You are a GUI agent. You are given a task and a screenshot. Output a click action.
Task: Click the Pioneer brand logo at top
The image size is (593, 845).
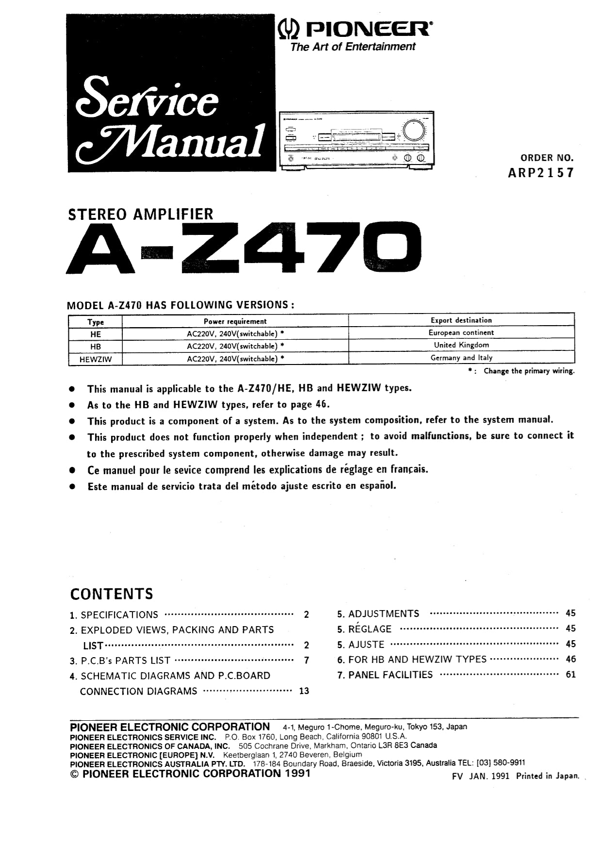pyautogui.click(x=352, y=30)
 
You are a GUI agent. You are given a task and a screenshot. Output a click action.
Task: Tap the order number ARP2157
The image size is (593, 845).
pyautogui.click(x=540, y=173)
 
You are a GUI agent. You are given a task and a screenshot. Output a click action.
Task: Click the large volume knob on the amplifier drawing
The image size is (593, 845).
pyautogui.click(x=413, y=131)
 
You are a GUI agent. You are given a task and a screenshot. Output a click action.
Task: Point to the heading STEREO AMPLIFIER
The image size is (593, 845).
pyautogui.click(x=141, y=214)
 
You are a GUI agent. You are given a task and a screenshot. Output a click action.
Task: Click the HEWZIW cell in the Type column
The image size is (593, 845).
pyautogui.click(x=96, y=359)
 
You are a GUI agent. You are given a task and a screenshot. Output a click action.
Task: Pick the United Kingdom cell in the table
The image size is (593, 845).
pyautogui.click(x=461, y=345)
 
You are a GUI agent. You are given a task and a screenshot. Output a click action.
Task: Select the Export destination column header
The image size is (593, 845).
pyautogui.click(x=461, y=320)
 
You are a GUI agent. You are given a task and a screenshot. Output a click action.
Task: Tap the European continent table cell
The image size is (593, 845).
pyautogui.click(x=461, y=333)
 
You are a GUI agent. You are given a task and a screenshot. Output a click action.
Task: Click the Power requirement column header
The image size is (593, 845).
pyautogui.click(x=235, y=321)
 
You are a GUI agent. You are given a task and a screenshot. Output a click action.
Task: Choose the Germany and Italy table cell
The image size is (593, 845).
pyautogui.click(x=461, y=358)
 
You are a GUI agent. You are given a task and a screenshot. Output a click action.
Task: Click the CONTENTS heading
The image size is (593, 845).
pyautogui.click(x=112, y=594)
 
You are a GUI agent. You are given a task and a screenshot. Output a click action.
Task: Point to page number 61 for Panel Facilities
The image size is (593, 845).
pyautogui.click(x=571, y=675)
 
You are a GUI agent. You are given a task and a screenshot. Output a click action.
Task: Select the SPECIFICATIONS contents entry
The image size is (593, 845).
pyautogui.click(x=119, y=615)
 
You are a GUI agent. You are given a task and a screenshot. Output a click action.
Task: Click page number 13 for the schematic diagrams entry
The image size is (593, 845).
pyautogui.click(x=304, y=691)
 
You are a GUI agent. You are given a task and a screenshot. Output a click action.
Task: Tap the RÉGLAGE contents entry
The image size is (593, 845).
pyautogui.click(x=370, y=629)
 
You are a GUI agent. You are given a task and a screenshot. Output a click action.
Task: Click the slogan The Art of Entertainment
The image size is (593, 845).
pyautogui.click(x=353, y=47)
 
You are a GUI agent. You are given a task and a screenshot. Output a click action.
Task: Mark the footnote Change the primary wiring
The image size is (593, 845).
pyautogui.click(x=528, y=371)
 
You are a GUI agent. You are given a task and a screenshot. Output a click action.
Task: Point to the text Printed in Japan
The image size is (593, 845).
pyautogui.click(x=547, y=776)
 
